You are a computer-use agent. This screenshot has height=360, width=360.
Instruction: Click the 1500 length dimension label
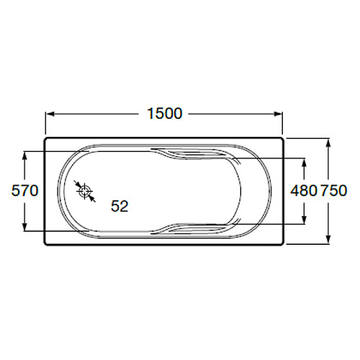coord(165,114)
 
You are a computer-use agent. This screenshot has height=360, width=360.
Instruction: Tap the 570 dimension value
coord(24,191)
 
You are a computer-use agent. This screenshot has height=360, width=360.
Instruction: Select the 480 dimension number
coord(304,191)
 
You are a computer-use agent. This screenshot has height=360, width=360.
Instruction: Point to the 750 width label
coord(334,191)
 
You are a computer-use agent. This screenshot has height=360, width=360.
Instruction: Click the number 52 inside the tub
coord(120,206)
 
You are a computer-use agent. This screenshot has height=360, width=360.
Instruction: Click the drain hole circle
coord(85,192)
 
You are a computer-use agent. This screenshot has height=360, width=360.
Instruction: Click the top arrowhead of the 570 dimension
coord(24,156)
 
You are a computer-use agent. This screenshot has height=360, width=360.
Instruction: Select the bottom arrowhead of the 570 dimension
coord(24,226)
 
